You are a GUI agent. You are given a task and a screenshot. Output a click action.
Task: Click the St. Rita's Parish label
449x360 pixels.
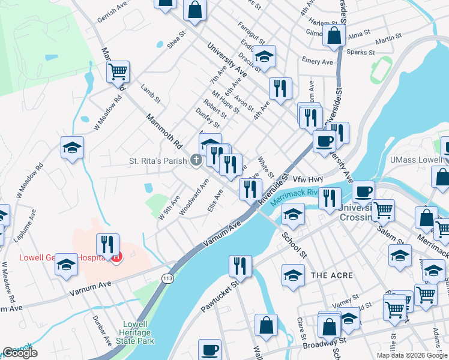pyautogui.click(x=157, y=161)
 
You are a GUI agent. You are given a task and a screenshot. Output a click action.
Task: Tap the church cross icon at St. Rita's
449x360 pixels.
pyautogui.click(x=195, y=160)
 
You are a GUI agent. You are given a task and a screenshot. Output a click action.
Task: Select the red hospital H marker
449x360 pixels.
pyautogui.click(x=116, y=257)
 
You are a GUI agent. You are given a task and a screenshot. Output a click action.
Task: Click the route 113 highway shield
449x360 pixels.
pyautogui.click(x=168, y=277)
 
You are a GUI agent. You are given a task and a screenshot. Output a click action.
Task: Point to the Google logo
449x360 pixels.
pyautogui.click(x=20, y=353)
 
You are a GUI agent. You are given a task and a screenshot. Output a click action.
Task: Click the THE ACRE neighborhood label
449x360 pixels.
pyautogui.click(x=327, y=275)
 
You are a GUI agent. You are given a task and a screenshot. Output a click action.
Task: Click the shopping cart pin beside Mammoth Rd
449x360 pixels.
pyautogui.click(x=118, y=72)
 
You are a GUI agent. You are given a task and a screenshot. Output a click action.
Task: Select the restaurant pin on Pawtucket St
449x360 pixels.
pyautogui.click(x=240, y=266)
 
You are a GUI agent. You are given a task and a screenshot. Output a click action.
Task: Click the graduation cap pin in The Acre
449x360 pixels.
pyautogui.click(x=294, y=275)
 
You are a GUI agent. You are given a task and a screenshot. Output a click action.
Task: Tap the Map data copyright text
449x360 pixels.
pyautogui.click(x=412, y=355)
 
